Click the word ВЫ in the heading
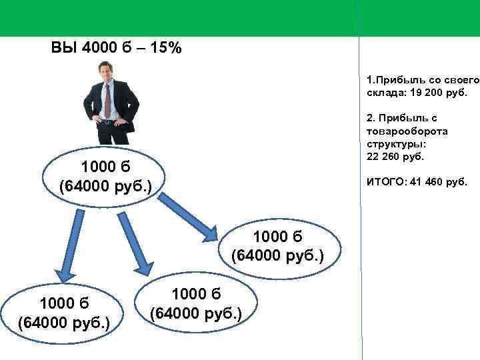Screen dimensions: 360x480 pyautogui.click(x=65, y=49)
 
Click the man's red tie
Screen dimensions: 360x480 pyautogui.click(x=107, y=100)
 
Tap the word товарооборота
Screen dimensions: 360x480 pyautogui.click(x=407, y=131)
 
